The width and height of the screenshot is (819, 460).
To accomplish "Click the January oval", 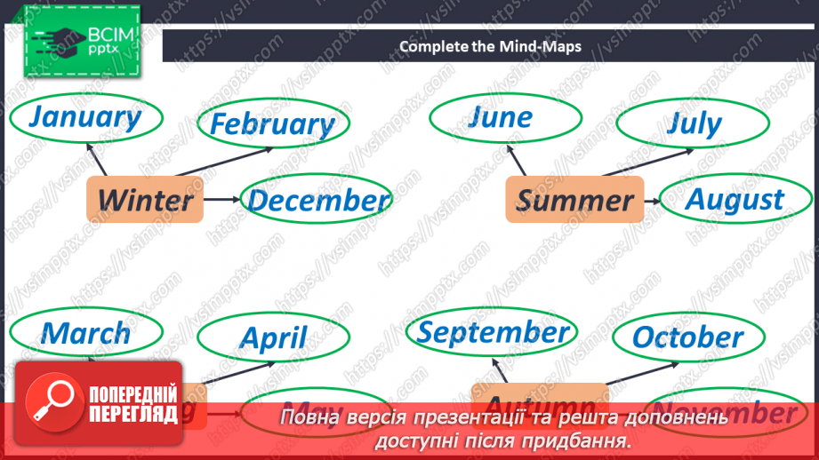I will click(85, 116).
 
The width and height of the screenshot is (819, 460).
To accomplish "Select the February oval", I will click(272, 124).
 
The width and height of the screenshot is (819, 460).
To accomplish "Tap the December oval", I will click(317, 201).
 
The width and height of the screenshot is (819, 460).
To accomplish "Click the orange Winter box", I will click(145, 200).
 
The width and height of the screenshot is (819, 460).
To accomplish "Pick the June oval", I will click(501, 117).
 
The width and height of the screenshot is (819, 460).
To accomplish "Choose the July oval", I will click(695, 123).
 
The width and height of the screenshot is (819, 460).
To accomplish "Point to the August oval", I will click(734, 200).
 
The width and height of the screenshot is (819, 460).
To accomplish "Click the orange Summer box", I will click(575, 200).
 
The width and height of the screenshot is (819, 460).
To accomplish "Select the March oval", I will click(85, 333).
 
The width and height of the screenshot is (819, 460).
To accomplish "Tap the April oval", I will click(273, 337).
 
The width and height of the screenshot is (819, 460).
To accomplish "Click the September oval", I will click(493, 332).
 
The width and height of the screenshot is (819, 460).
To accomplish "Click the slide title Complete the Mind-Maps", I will click(490, 46).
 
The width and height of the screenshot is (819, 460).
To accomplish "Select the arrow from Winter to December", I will click(222, 200).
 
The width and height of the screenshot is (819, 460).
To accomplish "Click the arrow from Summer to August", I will click(652, 201).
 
